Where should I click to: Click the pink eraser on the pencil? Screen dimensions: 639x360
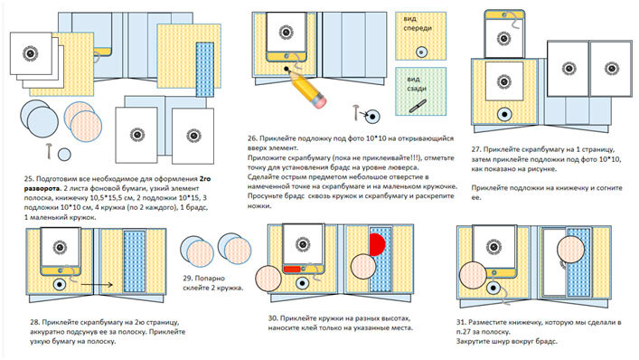(319, 101)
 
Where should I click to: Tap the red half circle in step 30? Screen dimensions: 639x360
(377, 244)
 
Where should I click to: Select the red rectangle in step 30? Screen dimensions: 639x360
(292, 269)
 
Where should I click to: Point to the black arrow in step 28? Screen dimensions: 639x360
(97, 285)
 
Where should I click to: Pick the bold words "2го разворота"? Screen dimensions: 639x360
(117, 184)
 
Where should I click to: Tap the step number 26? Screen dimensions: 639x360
(252, 138)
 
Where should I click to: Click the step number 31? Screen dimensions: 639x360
(461, 323)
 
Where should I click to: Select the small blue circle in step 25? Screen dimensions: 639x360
(64, 155)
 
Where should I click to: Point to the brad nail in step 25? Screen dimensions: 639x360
(49, 150)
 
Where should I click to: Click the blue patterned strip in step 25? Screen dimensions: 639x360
(204, 69)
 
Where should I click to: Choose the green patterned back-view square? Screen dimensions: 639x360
(420, 91)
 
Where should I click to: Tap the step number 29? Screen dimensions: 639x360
(187, 278)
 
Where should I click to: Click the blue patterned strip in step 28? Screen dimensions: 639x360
(134, 261)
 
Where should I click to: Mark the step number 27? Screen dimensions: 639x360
(476, 149)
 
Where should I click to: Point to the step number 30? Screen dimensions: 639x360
(273, 318)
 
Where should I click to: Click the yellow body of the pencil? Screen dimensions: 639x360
(304, 87)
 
